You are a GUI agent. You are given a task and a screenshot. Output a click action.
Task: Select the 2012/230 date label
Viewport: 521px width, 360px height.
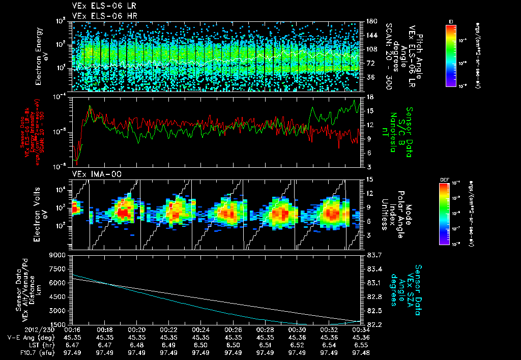[x=21, y=329]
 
